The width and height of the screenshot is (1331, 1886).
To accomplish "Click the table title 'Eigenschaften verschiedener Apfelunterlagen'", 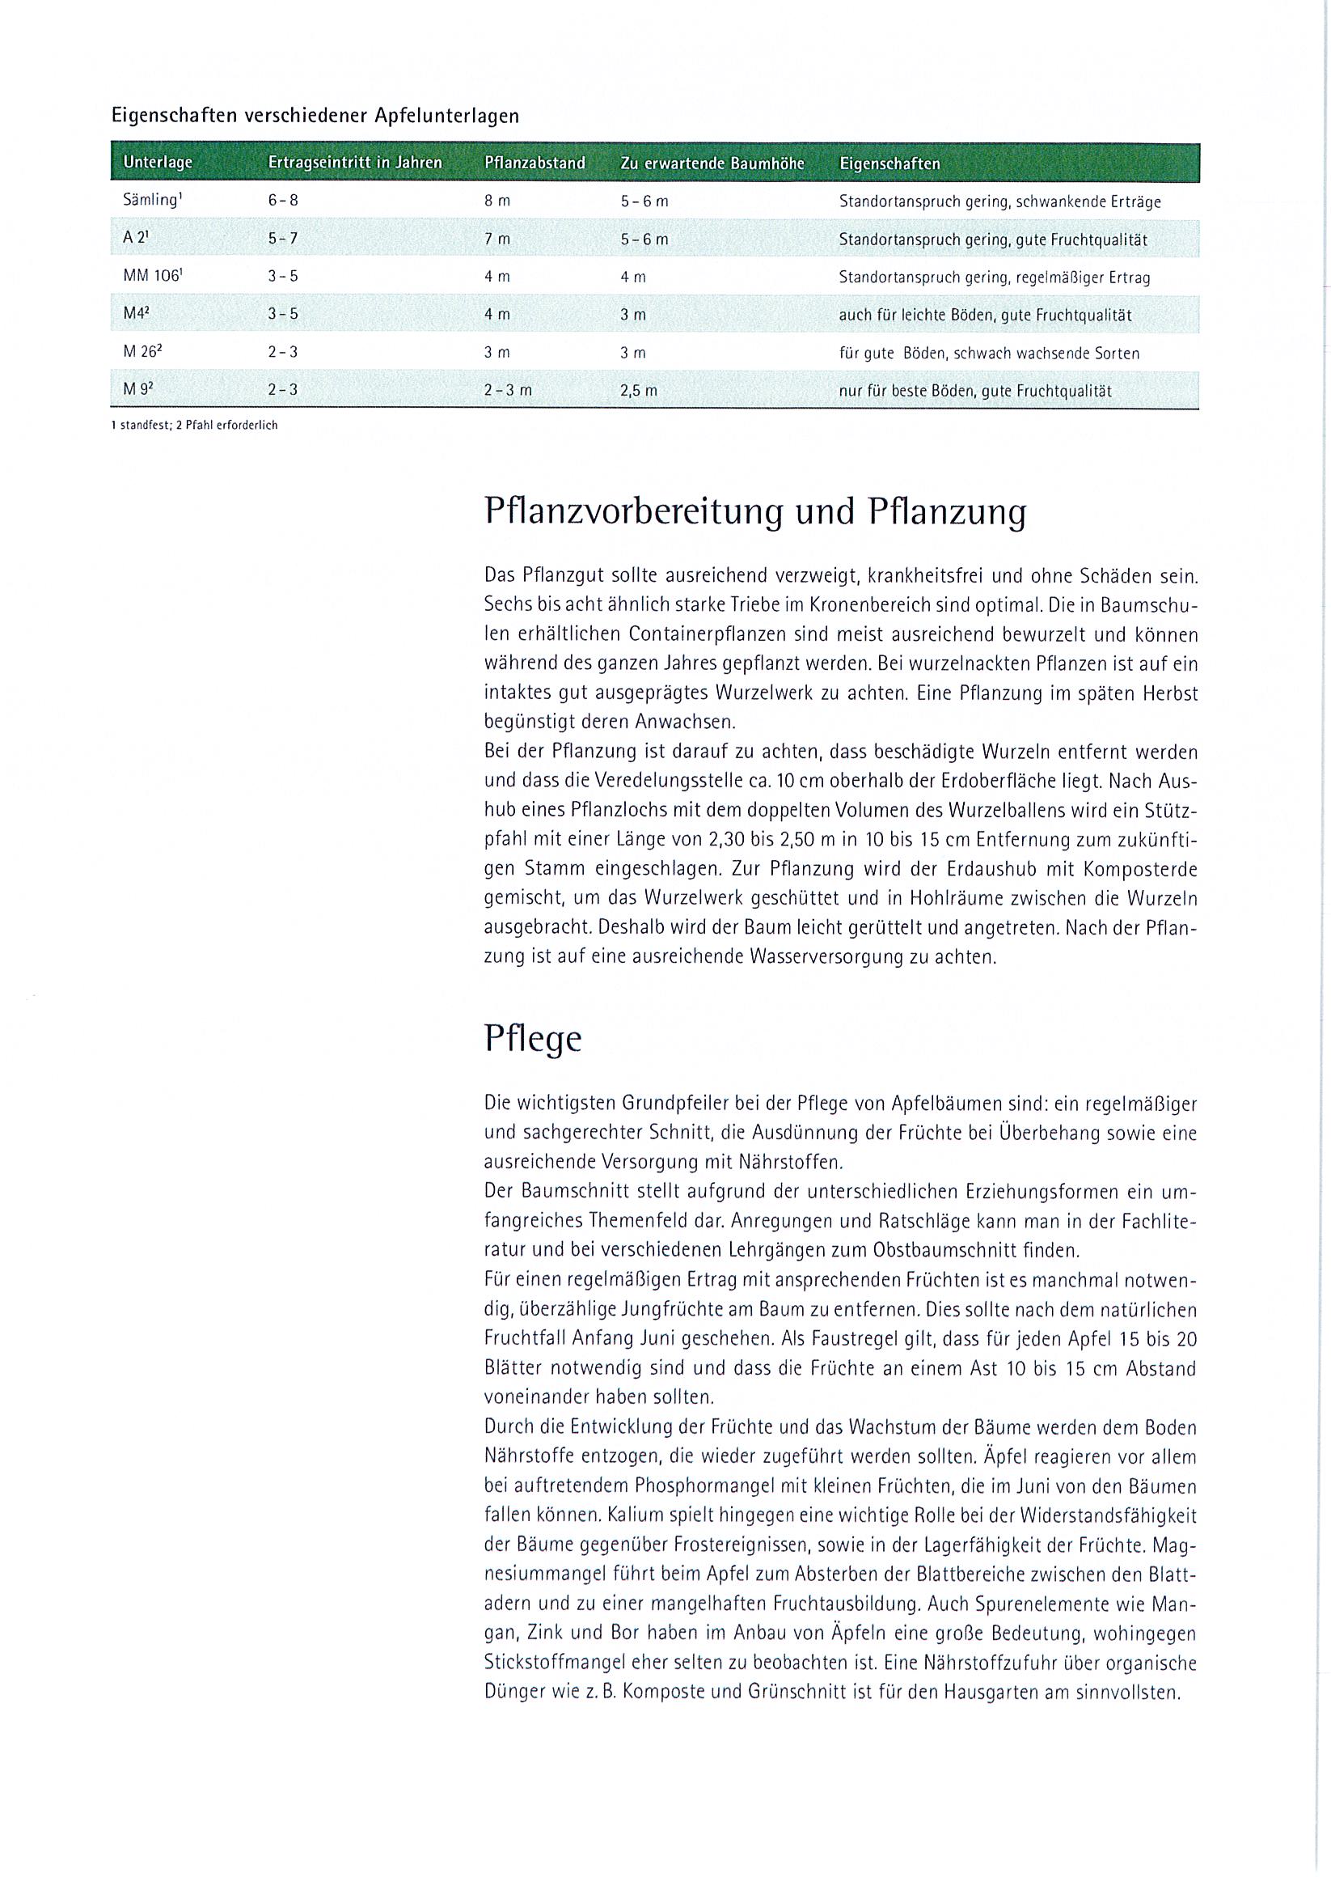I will pos(315,116).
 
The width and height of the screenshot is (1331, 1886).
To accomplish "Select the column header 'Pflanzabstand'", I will pos(535,163).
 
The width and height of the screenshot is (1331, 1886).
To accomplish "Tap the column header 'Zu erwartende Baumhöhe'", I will pos(712,163).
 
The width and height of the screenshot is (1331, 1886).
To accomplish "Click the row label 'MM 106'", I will pos(150,277).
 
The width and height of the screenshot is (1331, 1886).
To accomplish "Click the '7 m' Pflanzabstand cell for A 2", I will pos(496,239).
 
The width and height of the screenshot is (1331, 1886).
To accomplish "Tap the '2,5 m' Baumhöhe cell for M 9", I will pos(638,391).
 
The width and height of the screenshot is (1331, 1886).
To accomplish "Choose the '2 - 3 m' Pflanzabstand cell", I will pos(508,391).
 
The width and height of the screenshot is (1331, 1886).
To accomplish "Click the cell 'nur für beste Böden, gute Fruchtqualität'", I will pos(974,391).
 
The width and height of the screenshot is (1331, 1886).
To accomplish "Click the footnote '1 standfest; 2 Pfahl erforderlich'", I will pos(194,426).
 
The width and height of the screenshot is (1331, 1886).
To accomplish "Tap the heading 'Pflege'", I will pos(532,1038).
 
